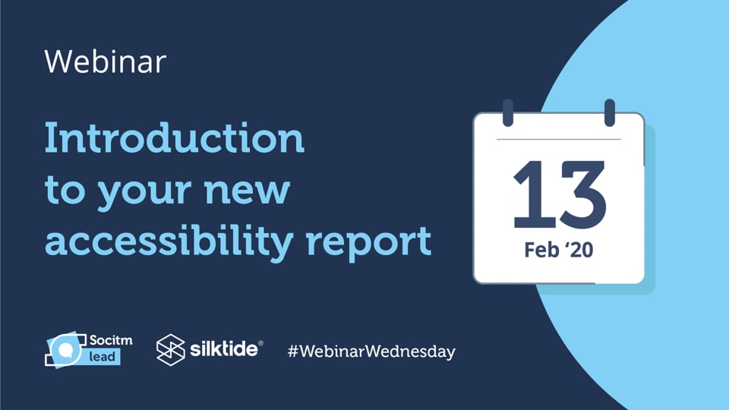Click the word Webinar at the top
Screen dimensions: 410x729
105,61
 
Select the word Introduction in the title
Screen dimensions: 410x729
174,139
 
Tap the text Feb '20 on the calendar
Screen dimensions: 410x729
558,251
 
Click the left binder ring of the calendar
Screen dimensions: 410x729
508,112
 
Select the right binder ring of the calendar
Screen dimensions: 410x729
609,112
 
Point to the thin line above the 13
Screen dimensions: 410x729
558,140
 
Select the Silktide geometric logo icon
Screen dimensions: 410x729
171,349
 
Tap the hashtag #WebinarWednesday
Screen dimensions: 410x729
371,352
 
